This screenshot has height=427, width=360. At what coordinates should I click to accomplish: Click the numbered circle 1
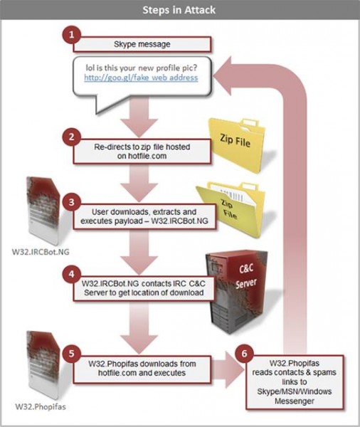click(x=71, y=35)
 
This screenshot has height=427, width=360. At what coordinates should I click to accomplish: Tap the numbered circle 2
click(x=71, y=137)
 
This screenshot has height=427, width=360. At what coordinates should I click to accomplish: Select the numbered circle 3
click(x=71, y=202)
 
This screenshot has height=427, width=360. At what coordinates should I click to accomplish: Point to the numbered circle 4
click(x=71, y=274)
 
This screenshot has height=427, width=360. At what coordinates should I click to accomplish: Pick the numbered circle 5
click(x=71, y=353)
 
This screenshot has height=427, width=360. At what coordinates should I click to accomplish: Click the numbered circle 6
click(x=244, y=353)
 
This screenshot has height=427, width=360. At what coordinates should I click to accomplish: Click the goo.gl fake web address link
click(x=141, y=78)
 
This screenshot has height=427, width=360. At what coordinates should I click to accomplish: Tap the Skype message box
click(x=142, y=44)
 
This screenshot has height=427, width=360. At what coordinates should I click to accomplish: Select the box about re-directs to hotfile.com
click(x=142, y=152)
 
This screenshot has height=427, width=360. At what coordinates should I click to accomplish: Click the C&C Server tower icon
click(x=236, y=292)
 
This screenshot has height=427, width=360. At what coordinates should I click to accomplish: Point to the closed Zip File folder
click(x=236, y=145)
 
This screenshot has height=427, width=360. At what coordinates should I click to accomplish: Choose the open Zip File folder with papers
click(x=231, y=209)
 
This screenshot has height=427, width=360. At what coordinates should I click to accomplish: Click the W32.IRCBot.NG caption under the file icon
click(x=41, y=252)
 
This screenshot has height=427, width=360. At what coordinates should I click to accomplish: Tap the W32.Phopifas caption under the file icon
click(x=41, y=407)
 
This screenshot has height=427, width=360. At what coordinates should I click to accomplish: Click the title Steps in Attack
click(x=179, y=10)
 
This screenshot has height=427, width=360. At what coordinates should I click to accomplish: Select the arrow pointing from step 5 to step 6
click(x=228, y=369)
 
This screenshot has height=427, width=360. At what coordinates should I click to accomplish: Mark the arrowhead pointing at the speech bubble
click(x=223, y=76)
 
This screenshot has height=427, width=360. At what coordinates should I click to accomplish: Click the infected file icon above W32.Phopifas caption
click(x=43, y=365)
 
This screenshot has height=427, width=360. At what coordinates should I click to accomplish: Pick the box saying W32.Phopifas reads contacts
click(x=295, y=382)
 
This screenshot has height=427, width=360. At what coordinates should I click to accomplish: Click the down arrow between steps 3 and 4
click(x=139, y=252)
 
